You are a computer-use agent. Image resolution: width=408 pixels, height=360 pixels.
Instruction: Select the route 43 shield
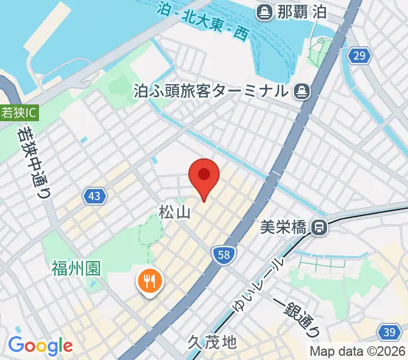(94, 196)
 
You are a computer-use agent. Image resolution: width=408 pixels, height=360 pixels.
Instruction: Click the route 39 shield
(389, 332)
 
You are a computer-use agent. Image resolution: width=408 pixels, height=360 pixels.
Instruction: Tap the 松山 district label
(175, 212)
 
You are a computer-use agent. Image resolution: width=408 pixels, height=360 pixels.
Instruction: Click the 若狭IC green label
(18, 112)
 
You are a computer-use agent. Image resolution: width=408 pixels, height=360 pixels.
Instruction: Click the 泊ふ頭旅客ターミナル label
(211, 91)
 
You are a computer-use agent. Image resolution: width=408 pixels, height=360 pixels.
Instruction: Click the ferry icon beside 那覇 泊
(264, 11)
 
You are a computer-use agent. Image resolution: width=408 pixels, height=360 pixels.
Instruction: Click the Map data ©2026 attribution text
(358, 351)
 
